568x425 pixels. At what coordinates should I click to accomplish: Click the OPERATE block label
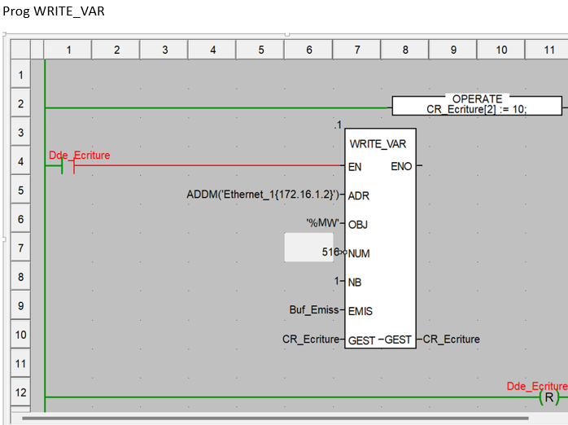(x=477, y=99)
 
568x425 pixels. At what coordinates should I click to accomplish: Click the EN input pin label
(x=355, y=167)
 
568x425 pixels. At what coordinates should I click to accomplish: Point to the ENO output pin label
(x=401, y=167)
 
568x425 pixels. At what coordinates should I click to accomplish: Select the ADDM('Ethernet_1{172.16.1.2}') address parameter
(x=263, y=195)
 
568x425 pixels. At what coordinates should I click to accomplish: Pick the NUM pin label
(x=359, y=253)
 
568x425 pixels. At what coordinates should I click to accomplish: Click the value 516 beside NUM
(x=330, y=252)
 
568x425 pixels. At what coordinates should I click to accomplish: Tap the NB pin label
(x=355, y=282)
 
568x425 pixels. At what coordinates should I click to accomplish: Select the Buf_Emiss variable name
(x=313, y=310)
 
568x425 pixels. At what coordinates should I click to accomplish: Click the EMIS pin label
(x=360, y=311)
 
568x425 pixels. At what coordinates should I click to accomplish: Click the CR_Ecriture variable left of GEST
(x=310, y=339)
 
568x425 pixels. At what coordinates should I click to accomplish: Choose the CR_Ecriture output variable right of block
(x=452, y=339)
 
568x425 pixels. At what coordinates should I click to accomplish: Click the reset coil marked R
(x=550, y=397)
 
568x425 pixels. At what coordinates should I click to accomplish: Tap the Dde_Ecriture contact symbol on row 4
(x=68, y=166)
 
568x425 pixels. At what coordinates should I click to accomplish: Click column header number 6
(x=309, y=50)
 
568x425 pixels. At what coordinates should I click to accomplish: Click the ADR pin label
(x=359, y=196)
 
